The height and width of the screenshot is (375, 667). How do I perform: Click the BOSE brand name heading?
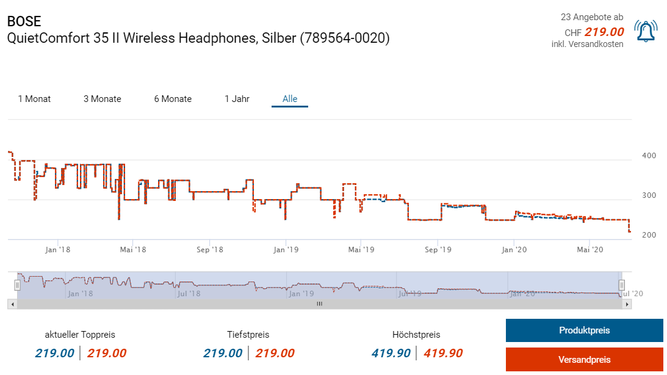coord(24,21)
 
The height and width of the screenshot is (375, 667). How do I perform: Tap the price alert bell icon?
coord(646,31)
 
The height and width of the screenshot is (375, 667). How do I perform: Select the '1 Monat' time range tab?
coord(34,99)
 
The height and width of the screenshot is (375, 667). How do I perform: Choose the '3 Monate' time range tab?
coord(103,99)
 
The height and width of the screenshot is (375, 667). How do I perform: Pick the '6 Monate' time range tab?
coord(173,99)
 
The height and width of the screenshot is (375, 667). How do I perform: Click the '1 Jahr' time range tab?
coord(237,99)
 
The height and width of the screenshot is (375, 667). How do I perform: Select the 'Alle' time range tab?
coord(290,99)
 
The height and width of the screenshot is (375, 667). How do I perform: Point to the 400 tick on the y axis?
coord(649,156)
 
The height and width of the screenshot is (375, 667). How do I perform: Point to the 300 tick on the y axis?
coord(649,195)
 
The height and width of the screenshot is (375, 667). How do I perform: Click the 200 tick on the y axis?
coord(649,235)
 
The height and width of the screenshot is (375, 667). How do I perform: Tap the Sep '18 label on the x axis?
coord(211,249)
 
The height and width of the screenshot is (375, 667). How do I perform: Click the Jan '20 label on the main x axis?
coord(514,249)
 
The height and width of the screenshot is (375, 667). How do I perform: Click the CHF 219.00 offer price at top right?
coord(604,32)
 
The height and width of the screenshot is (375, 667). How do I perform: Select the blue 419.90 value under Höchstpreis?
coord(391,353)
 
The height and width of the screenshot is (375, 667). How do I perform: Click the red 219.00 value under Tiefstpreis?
coord(275,353)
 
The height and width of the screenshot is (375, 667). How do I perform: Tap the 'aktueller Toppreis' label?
coord(80,335)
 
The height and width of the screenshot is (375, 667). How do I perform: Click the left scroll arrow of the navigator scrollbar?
coord(12,303)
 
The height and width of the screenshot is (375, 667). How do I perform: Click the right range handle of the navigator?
coord(622,285)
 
